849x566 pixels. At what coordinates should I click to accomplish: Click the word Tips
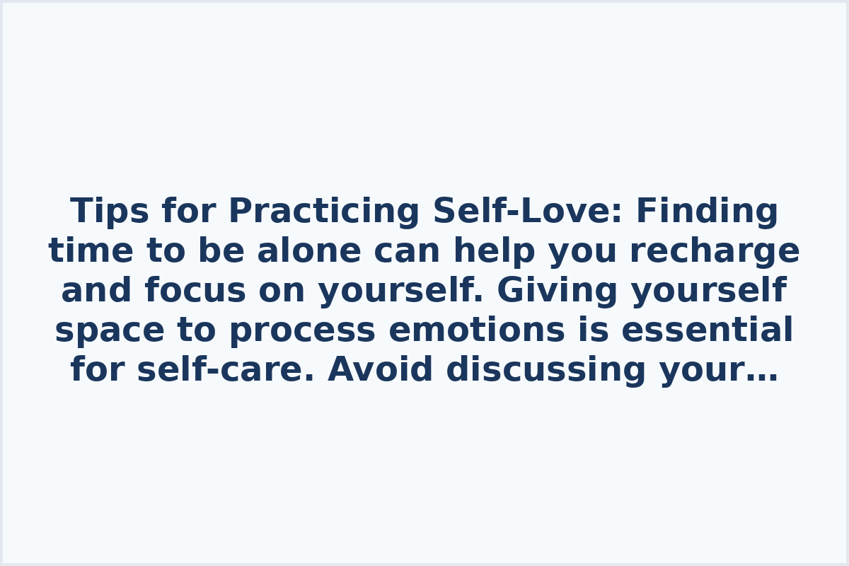[x=110, y=212]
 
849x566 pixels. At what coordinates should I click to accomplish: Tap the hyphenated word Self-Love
[x=523, y=212]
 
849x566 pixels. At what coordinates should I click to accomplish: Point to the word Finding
[x=707, y=212]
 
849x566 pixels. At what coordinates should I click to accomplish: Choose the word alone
[x=308, y=251]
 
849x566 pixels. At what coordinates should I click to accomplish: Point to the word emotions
[x=476, y=330]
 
